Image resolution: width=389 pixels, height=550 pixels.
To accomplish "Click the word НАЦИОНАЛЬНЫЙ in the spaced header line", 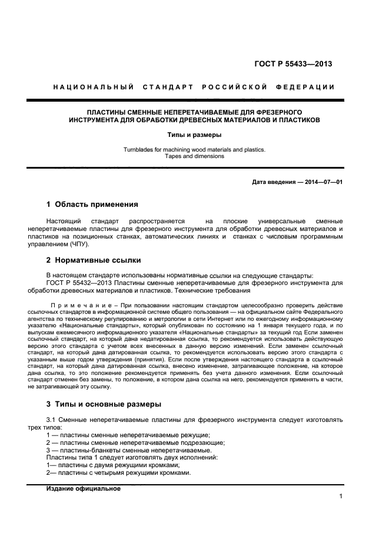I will click(92, 88).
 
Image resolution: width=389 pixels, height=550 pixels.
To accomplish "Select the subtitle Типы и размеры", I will click(194, 135).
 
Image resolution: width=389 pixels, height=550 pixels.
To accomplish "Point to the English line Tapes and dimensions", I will click(194, 156).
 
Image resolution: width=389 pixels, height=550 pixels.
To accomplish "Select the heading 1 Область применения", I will click(92, 204).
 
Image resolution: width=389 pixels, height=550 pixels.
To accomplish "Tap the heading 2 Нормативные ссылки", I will click(93, 260).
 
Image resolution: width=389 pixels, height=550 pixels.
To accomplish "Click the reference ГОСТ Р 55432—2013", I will click(76, 283).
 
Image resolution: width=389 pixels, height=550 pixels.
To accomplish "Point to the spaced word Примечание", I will click(77, 306).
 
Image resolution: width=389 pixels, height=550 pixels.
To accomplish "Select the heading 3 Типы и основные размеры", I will click(104, 404).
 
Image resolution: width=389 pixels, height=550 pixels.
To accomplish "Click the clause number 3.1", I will click(51, 420).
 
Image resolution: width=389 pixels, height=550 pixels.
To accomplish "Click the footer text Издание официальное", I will click(83, 488).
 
